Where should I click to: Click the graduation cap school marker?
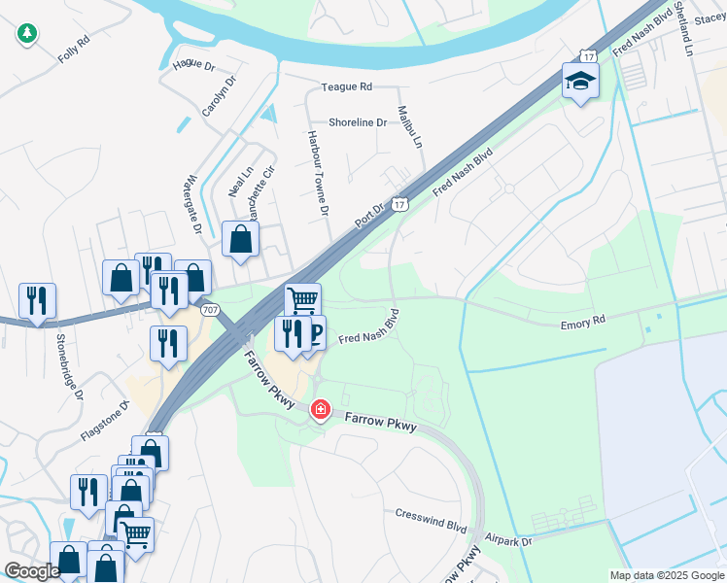[x=580, y=81]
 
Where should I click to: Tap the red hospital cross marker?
[x=319, y=411]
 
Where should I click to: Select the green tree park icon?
[x=27, y=34]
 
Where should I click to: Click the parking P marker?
[x=314, y=334]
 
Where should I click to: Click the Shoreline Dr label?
[x=358, y=122]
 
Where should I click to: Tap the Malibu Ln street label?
[x=411, y=127]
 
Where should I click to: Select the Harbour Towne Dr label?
[x=318, y=173]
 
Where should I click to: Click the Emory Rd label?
[x=583, y=322]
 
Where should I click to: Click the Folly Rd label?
[x=74, y=50]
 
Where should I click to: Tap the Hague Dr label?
[x=192, y=65]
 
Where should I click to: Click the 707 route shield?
[x=210, y=309]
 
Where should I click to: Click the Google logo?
[x=31, y=571]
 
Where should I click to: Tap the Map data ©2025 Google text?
[x=666, y=575]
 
